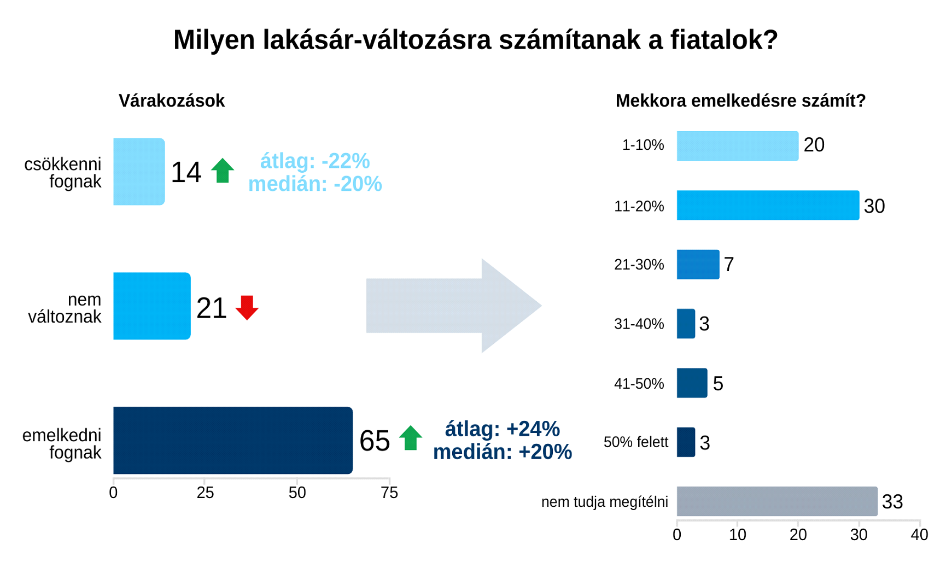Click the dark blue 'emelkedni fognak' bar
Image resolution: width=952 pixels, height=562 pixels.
(x=232, y=440)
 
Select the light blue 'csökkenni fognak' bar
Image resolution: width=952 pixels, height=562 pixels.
(x=139, y=172)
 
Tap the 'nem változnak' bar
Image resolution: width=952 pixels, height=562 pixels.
(x=151, y=306)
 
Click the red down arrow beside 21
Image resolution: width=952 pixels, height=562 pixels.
(x=247, y=307)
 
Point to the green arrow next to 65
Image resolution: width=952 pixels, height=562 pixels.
(x=411, y=438)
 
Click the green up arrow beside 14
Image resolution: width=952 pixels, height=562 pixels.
(x=223, y=171)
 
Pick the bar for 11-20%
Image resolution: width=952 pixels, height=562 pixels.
(x=768, y=206)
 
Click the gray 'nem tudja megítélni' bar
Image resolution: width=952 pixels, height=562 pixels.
(x=776, y=501)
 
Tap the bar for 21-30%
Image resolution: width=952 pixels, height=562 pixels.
(x=698, y=265)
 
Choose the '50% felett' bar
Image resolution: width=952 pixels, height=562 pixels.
(x=686, y=442)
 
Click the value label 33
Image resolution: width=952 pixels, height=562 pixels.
(x=892, y=502)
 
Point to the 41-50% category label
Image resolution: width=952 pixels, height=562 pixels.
(x=639, y=384)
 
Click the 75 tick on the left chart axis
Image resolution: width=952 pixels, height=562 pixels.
(x=389, y=493)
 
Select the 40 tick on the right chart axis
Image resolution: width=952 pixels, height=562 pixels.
(x=919, y=535)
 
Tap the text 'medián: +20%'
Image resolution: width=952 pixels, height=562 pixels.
(x=503, y=452)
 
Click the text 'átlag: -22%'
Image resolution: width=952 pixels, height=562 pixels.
(x=315, y=161)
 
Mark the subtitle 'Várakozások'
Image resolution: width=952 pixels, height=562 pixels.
(x=172, y=101)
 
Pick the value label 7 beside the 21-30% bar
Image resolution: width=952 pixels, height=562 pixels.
(x=729, y=265)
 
